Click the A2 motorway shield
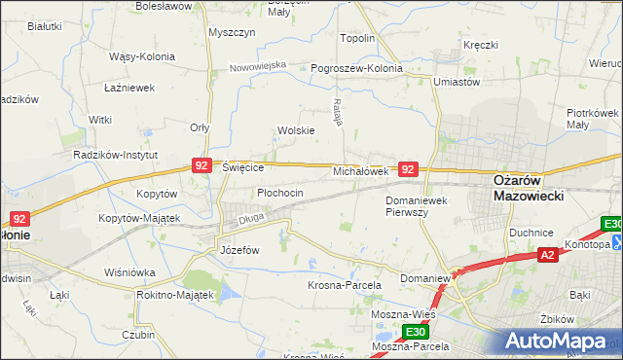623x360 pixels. tap(547, 255)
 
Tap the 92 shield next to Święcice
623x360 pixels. tap(202, 166)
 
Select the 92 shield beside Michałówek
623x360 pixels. tap(409, 169)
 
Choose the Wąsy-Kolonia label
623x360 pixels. tap(142, 55)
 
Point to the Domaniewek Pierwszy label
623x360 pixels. tap(421, 205)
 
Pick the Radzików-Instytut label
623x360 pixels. tap(117, 155)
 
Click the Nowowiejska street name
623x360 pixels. tap(258, 66)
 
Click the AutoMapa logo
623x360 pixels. tap(559, 342)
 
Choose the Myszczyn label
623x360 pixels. tap(232, 32)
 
